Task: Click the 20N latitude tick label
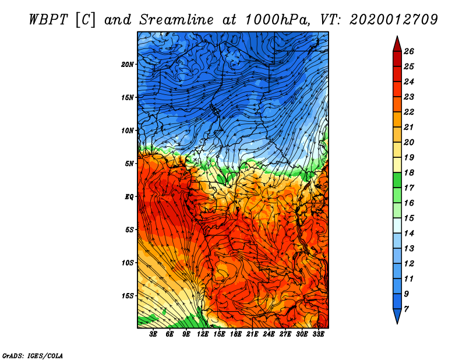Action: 128,65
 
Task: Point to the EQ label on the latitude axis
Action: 129,196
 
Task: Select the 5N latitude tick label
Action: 129,164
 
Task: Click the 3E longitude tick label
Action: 153,334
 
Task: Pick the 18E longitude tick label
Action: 236,334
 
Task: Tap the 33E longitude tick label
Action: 318,334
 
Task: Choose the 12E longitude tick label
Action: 203,334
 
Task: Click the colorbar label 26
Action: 409,51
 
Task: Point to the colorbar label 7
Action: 406,309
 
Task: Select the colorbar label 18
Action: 409,172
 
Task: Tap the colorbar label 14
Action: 409,234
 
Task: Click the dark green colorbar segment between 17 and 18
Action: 397,180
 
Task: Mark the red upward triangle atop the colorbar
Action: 397,45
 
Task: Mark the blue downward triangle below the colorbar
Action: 397,316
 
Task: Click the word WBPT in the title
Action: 49,20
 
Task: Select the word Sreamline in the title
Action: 176,20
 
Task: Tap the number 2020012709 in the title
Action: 394,20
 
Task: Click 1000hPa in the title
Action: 276,20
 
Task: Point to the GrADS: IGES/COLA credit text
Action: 33,355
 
